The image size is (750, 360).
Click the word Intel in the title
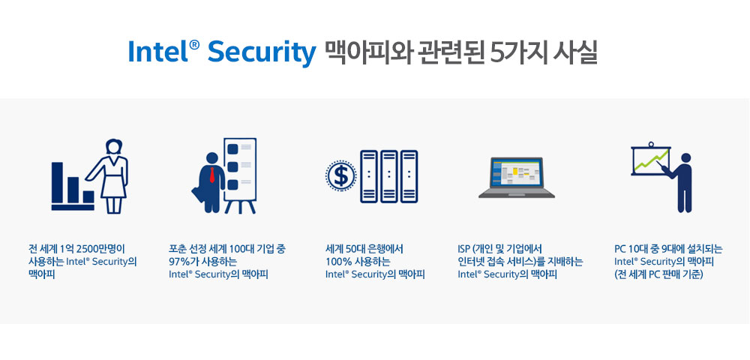coord(158,52)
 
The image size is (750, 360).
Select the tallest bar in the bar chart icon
coord(58,183)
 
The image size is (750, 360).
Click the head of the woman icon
coord(114,146)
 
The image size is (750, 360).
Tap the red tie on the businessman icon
coord(211,175)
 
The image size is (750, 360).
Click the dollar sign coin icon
coord(340,175)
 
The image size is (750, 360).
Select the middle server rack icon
coord(388,176)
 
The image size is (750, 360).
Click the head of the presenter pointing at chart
coord(685,158)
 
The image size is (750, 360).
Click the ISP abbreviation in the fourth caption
coord(463,249)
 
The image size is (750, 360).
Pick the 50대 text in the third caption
coord(361,249)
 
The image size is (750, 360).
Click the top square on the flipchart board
coord(233,149)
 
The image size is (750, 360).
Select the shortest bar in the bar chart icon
coord(88,197)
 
